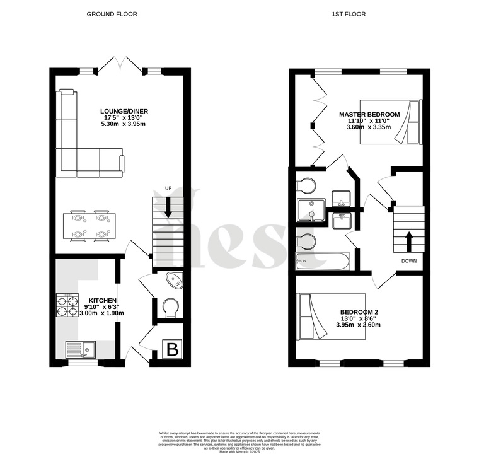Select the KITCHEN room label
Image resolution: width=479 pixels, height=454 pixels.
[x=101, y=300]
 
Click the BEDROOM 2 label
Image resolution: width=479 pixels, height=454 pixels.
[x=359, y=312]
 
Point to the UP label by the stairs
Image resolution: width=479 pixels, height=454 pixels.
[x=168, y=189]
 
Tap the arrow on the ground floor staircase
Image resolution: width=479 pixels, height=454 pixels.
[x=168, y=208]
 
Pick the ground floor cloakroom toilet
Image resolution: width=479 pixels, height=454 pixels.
[x=170, y=308]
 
